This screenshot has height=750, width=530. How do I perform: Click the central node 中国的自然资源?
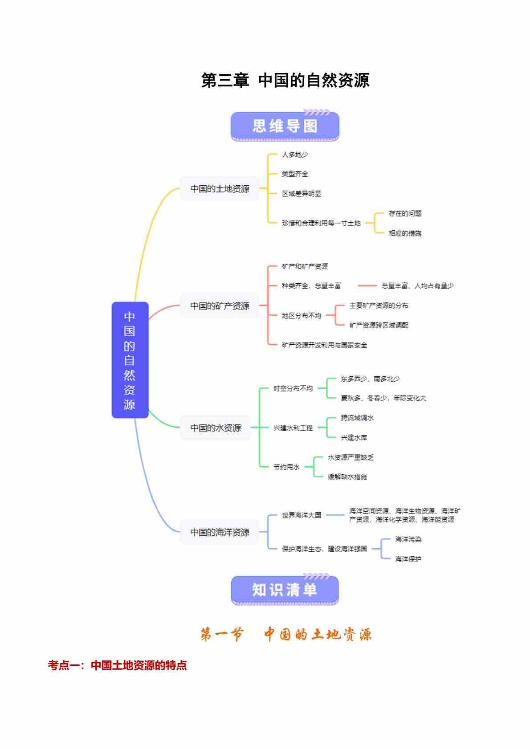coord(130,360)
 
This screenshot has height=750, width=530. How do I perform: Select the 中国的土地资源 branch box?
coord(220,189)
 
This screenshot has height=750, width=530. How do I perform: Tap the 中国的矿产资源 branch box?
coord(220,306)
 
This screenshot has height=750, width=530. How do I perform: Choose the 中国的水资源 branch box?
coord(216,428)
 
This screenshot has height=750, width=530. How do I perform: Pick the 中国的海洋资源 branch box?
coord(220,532)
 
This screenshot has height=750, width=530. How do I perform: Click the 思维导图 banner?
coord(285,126)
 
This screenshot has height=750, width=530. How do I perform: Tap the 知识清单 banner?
coord(285,590)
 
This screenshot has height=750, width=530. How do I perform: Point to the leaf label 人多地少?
coord(295,155)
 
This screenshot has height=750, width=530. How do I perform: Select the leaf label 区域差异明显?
coord(302,194)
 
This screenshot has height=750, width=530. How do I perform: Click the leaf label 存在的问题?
coord(405,213)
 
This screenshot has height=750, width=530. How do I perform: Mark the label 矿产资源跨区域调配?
coord(379,325)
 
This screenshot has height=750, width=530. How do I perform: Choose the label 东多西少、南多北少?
coord(370,379)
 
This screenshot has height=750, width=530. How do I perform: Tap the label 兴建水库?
coord(354,438)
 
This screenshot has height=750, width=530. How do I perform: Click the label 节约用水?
coord(286,467)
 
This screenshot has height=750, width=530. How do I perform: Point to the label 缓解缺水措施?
coord(347,477)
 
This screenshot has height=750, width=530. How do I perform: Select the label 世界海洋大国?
coord(302,515)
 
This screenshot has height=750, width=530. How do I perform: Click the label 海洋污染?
coord(408,539)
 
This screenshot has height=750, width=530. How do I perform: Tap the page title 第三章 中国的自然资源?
coord(285,81)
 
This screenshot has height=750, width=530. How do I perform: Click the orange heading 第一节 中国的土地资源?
coord(285,634)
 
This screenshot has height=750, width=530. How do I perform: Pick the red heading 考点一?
coord(117,665)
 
